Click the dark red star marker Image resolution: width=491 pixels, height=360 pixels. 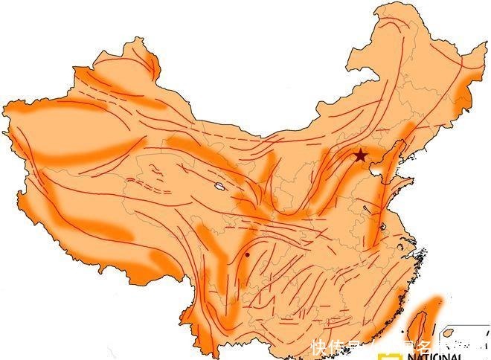click(x=360, y=155)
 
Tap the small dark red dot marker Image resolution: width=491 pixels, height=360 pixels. click(x=247, y=254)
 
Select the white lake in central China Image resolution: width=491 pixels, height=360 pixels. click(x=219, y=186)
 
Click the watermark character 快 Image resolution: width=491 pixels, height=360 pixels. click(x=319, y=347)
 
